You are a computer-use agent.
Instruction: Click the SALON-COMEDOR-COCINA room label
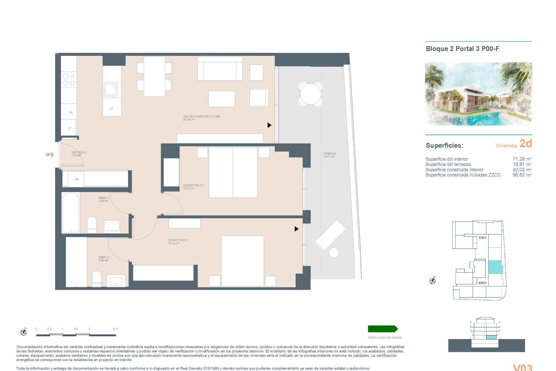point(202,117)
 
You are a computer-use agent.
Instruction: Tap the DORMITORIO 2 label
point(193,185)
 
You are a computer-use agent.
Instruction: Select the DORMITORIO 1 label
point(178,240)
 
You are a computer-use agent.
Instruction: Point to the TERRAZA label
point(330,154)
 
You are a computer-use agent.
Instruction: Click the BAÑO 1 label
point(104,257)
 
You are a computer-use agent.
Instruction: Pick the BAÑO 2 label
point(104,198)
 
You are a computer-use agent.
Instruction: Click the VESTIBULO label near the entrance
point(79,152)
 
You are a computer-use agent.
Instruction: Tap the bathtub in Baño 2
point(71,213)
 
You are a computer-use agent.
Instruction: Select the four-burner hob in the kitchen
point(69,80)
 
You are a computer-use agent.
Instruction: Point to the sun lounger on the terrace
point(330,235)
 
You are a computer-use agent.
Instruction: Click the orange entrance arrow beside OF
point(52,155)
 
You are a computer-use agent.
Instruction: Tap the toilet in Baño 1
point(96,279)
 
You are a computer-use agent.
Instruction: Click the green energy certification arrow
point(383,329)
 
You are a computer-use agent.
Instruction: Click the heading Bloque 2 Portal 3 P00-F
point(462,49)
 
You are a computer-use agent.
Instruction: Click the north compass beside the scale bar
point(24,332)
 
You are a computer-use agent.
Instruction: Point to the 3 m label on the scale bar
point(115,329)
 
